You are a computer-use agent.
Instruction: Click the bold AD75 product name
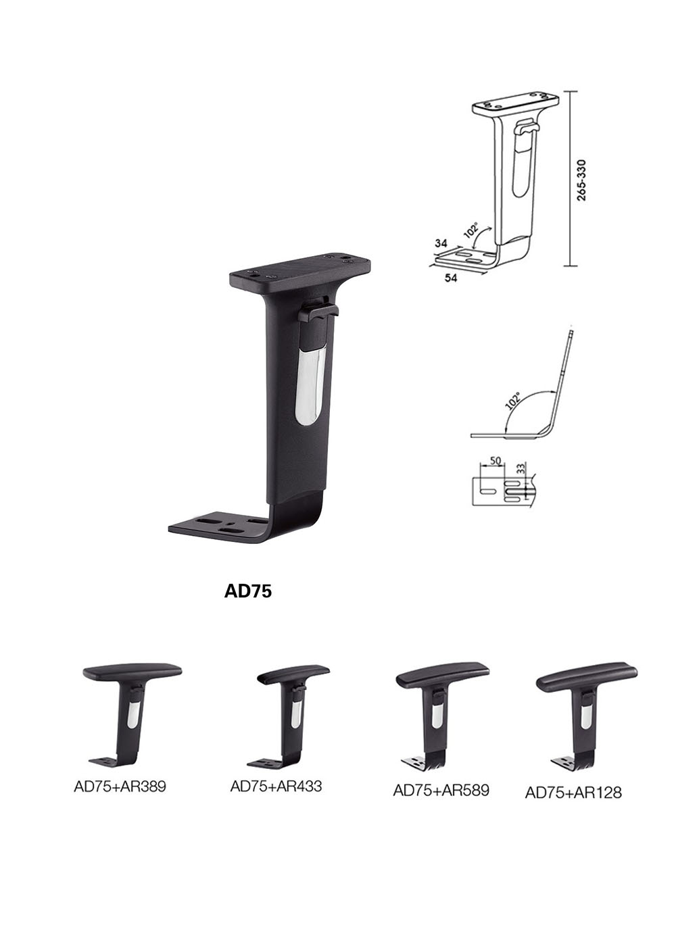click(247, 591)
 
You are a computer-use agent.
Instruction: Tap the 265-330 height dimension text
click(582, 180)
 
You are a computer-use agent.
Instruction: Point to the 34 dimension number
click(441, 243)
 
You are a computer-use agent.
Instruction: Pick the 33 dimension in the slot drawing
click(521, 468)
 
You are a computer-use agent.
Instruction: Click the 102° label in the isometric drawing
click(471, 230)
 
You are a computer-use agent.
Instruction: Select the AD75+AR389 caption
click(120, 787)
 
